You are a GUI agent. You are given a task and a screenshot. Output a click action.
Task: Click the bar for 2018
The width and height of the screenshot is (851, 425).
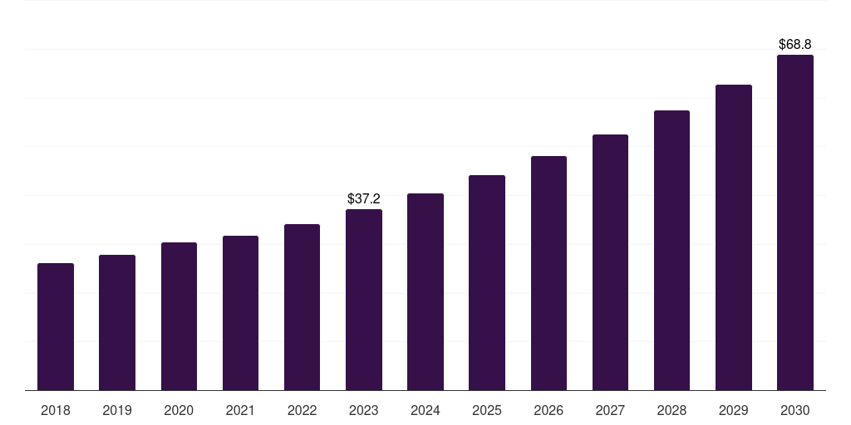click(x=56, y=327)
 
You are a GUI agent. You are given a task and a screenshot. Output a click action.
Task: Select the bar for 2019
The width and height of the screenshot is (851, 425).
click(x=117, y=323)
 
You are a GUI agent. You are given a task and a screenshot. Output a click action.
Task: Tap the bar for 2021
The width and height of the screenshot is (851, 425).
click(x=240, y=313)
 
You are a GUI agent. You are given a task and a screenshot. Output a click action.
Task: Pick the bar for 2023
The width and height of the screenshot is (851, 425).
click(x=364, y=300)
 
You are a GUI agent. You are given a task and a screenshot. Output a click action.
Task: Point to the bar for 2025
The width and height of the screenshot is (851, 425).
click(x=487, y=283)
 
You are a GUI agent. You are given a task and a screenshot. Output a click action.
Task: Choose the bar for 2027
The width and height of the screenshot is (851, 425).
click(x=610, y=262)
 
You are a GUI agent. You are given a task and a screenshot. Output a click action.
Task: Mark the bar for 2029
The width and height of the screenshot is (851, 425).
click(x=734, y=237)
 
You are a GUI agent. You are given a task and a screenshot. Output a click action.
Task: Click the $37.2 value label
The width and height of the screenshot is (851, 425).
click(x=364, y=199)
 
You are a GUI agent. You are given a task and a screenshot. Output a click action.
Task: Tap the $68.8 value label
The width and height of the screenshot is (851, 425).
click(x=795, y=44)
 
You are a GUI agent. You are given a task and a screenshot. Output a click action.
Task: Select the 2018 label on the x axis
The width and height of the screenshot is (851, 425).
click(x=56, y=411)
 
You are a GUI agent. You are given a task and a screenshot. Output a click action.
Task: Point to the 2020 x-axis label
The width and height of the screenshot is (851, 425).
click(x=179, y=411)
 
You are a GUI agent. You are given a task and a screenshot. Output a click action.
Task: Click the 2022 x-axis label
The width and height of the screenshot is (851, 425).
click(x=302, y=411)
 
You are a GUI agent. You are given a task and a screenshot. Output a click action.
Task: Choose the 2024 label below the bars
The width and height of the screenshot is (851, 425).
click(x=425, y=411)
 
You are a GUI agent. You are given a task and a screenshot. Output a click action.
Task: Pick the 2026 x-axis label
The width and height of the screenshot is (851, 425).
click(x=548, y=411)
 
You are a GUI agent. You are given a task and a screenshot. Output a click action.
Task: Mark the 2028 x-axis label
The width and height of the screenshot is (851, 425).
click(x=671, y=411)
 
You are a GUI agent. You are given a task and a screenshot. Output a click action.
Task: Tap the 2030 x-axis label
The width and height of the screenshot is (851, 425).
click(x=795, y=411)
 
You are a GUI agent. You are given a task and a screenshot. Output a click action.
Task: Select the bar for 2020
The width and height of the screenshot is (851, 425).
click(x=179, y=316)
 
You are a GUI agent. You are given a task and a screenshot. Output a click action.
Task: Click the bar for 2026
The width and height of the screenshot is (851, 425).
click(x=548, y=273)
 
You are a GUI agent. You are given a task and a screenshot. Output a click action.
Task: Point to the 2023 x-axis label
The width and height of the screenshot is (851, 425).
click(x=364, y=411)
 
